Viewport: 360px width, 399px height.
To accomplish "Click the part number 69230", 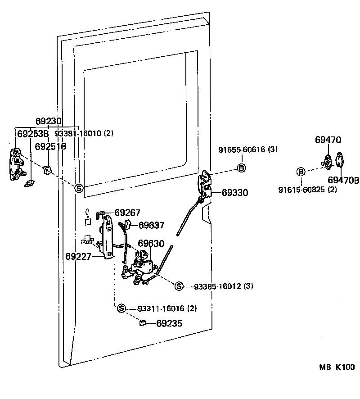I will pos(48,121).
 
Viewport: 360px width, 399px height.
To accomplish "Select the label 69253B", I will pos(32,134).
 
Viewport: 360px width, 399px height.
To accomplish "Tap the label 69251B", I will pos(50,146).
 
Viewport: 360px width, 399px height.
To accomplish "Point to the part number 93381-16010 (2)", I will pos(84,134).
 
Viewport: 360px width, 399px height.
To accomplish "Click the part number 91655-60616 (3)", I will pos(248,150).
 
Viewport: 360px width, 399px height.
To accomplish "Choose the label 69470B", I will pos(343,181).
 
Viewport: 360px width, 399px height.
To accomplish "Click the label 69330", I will pos(234,193).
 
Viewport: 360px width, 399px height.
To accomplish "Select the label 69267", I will pos(127,213).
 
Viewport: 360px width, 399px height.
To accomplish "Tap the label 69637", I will pos(151,225).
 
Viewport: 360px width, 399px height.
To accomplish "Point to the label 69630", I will pos(151,244).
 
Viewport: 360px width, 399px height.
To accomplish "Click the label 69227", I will pos(79,257).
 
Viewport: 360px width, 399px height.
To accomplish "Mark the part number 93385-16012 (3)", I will pos(223,286).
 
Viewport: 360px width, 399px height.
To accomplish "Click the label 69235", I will pos(169,323).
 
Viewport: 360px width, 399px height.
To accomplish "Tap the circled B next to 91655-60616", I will pos(241,168).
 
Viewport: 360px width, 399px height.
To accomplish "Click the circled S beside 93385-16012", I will pos(179,286).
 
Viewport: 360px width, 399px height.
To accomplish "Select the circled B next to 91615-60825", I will pos(301,172).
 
